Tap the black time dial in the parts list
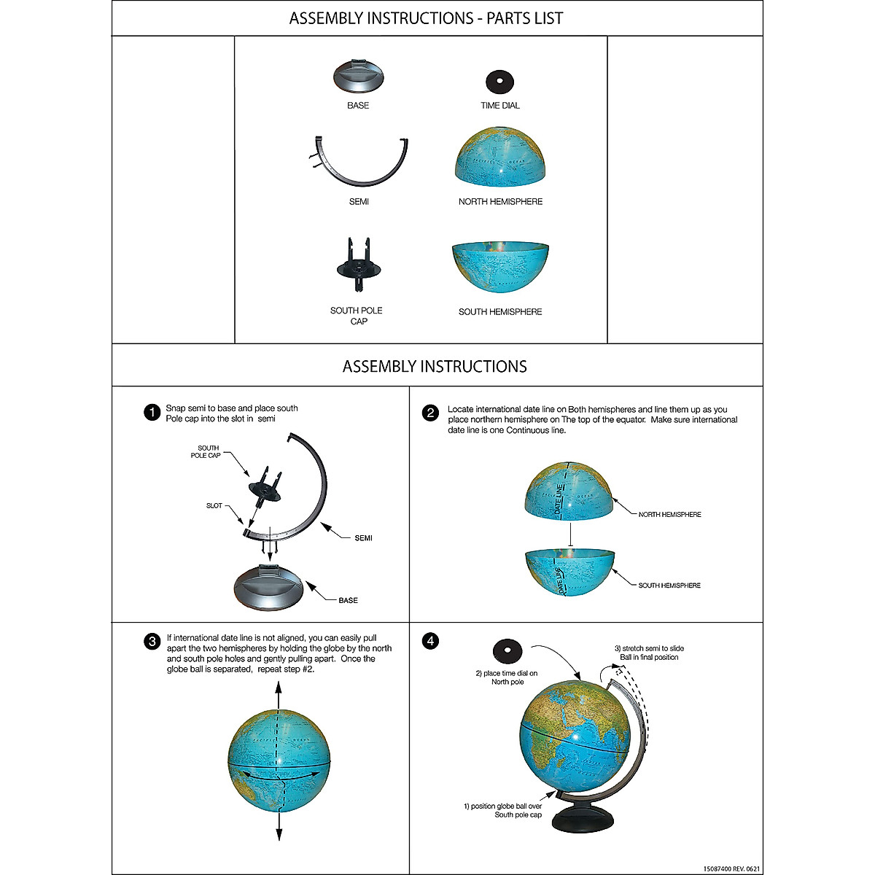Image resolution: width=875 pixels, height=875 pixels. point(499,80)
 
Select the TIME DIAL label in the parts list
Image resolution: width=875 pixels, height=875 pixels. point(500,106)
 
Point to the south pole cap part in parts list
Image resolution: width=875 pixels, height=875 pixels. point(358,263)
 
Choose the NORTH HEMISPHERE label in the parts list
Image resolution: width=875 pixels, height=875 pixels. point(500,202)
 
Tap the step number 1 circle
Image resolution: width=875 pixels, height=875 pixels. point(152,413)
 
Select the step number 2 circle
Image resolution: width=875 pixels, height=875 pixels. point(431,413)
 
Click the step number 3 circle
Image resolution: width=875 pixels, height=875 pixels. point(152,642)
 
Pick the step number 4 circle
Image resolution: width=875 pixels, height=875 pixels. point(431,642)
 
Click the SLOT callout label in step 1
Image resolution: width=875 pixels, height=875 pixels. point(214,506)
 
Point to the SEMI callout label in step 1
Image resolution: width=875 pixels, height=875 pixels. point(363,538)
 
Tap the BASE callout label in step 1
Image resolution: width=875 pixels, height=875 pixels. point(348,601)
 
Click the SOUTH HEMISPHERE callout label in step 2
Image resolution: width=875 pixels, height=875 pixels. point(669,586)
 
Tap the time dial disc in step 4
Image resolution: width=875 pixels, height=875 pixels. point(507,650)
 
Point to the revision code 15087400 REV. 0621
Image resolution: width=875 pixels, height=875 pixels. point(731,869)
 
